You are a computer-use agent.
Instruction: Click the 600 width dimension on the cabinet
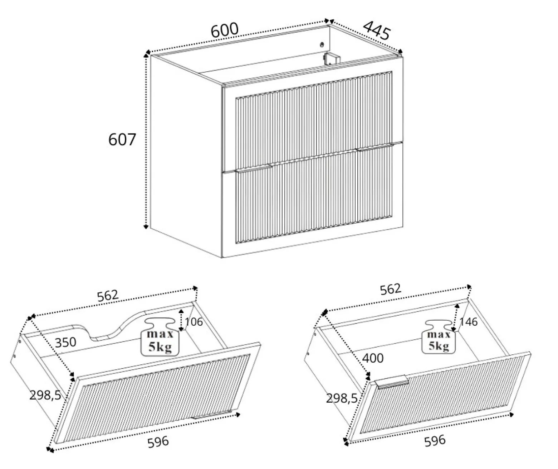click(225, 30)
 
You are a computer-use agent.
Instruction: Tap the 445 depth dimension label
click(377, 30)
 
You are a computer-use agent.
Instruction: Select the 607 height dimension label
click(122, 139)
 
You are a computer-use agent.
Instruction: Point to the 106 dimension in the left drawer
click(194, 322)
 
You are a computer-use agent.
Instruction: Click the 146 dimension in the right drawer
click(469, 322)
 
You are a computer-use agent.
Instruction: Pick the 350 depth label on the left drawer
click(65, 343)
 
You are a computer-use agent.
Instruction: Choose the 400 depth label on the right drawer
click(373, 358)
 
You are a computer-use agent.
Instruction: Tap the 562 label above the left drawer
click(107, 296)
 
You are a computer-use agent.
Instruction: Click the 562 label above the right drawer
click(391, 289)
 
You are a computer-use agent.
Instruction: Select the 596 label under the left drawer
click(158, 441)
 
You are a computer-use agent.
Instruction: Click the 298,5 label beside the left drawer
click(45, 395)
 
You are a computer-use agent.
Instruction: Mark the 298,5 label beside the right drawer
click(342, 399)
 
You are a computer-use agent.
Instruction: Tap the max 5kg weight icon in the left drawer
click(160, 337)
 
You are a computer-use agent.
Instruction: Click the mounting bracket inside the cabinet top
click(331, 59)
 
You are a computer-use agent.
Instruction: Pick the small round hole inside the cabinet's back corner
click(322, 44)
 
